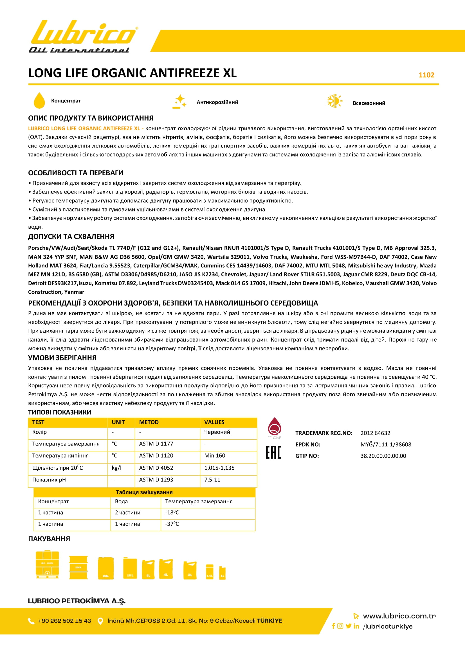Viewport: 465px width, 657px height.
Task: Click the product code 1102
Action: click(426, 75)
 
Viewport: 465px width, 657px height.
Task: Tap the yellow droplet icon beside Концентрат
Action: click(39, 101)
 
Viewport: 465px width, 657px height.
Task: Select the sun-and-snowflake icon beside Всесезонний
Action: click(335, 101)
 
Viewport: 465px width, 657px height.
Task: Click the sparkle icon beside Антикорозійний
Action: click(180, 102)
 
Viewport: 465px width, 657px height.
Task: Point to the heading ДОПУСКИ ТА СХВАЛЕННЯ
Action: click(71, 236)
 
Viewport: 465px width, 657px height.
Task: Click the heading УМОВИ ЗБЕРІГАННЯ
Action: click(62, 358)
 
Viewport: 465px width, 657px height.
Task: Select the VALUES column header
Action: click(214, 422)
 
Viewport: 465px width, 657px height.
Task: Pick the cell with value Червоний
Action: click(217, 432)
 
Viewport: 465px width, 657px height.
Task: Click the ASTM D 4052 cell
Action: click(156, 468)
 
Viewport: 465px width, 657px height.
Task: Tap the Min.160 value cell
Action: click(215, 456)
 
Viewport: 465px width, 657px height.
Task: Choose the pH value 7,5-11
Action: click(212, 479)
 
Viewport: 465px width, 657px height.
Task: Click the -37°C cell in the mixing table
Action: click(172, 524)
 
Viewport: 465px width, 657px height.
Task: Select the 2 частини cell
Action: click(127, 513)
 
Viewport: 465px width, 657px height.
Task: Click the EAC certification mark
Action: click(274, 453)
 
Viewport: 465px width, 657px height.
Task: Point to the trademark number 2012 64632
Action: click(375, 433)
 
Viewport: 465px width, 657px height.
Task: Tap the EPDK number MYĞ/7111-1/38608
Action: click(386, 444)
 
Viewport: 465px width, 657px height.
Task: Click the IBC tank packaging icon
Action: click(47, 564)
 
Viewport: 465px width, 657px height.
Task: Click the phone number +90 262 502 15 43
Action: click(64, 621)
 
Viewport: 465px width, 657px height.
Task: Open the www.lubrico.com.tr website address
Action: click(399, 616)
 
